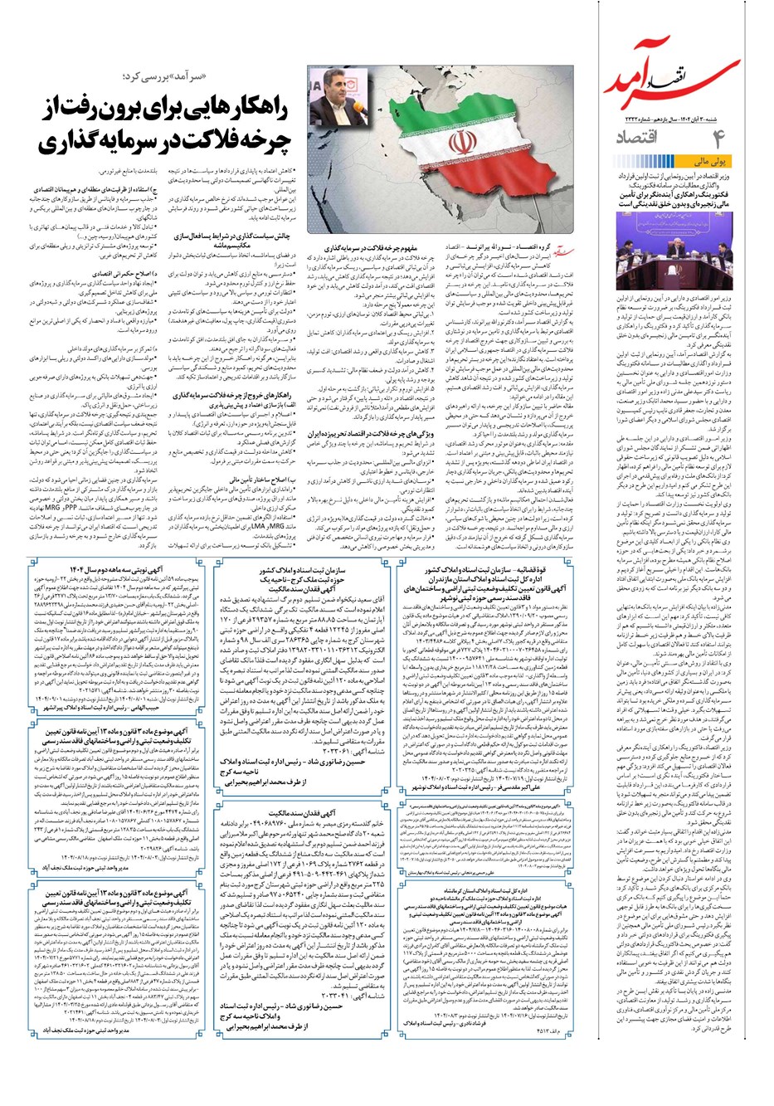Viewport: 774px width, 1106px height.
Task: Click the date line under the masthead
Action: click(691, 119)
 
